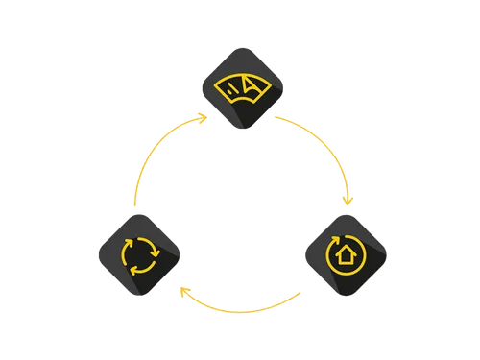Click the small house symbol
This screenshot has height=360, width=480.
345,256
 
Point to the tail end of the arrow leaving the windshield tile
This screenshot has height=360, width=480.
276,115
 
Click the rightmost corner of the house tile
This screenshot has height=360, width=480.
392,256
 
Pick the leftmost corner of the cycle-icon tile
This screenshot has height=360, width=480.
94,254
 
